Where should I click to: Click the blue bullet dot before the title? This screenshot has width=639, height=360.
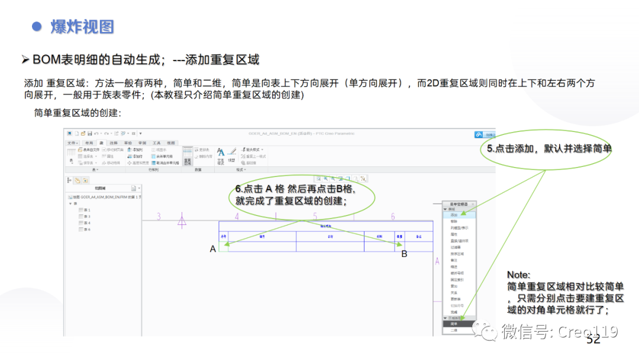[x=37, y=27]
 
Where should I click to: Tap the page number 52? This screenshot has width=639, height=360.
[x=593, y=340]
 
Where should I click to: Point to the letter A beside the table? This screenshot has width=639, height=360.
[x=213, y=249]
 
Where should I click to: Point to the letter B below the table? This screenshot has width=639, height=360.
[x=405, y=254]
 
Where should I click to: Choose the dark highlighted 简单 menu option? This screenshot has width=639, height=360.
[x=454, y=324]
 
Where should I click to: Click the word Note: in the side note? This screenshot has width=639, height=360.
[x=519, y=275]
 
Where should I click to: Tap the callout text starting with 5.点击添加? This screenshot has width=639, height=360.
[x=548, y=149]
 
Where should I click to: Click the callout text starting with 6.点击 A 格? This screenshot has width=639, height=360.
[x=294, y=195]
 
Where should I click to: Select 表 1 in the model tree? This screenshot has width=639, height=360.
[x=86, y=210]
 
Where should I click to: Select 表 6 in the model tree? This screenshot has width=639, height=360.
[x=86, y=229]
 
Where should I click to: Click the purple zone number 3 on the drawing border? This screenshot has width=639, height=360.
[x=159, y=217]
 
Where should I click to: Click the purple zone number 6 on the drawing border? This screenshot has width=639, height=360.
[x=393, y=217]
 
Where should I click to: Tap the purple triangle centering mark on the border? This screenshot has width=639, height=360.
[x=182, y=222]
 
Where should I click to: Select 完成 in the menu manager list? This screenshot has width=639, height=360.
[x=454, y=312]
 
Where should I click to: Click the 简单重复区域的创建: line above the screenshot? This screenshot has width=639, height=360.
[x=78, y=112]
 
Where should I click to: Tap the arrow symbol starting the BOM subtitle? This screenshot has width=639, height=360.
[x=25, y=60]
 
